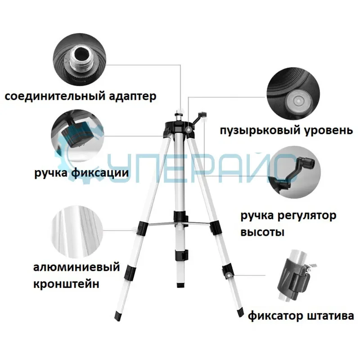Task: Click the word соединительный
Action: coord(54,96)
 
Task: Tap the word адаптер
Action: coord(133,96)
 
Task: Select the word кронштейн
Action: coord(66,284)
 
